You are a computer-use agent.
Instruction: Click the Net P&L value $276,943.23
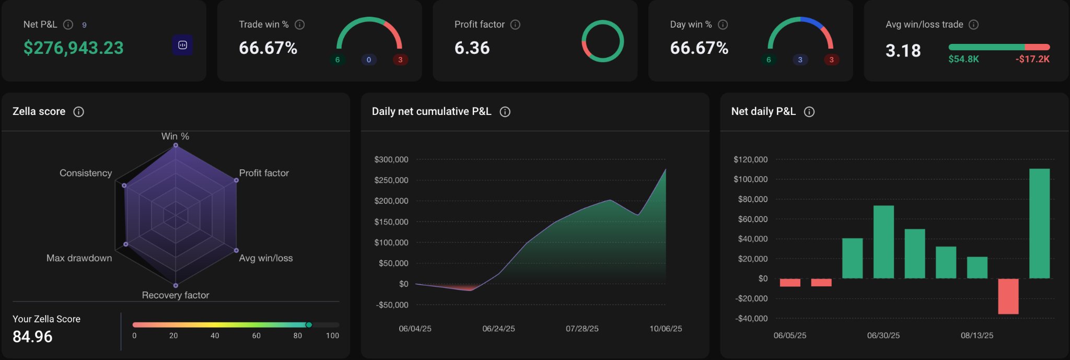tap(74, 48)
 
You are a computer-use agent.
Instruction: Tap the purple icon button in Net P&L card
tap(182, 45)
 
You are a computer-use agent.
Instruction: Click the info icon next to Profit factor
tap(515, 25)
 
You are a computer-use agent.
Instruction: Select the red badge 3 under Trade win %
tap(400, 60)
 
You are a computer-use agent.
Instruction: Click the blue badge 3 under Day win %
tap(800, 60)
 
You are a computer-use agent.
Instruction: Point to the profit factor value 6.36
tap(472, 48)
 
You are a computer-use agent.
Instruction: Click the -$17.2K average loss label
tap(1032, 59)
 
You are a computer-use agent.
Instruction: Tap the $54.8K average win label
tap(963, 59)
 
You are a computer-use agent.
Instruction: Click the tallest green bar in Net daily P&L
tap(1039, 223)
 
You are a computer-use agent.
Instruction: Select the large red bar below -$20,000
tap(1008, 296)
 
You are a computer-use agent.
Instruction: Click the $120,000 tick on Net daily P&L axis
tap(750, 159)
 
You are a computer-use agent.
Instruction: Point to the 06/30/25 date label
tap(883, 335)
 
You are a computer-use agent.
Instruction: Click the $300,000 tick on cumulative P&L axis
tap(391, 159)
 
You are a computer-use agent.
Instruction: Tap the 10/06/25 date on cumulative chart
tap(665, 329)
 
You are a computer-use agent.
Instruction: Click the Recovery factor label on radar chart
tap(176, 295)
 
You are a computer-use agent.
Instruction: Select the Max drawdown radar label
tap(79, 258)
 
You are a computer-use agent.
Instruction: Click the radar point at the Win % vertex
tap(176, 145)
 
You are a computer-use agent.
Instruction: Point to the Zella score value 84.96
tap(32, 336)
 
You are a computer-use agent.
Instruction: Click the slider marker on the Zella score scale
tap(309, 325)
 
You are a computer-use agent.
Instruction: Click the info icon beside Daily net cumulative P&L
tap(505, 112)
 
